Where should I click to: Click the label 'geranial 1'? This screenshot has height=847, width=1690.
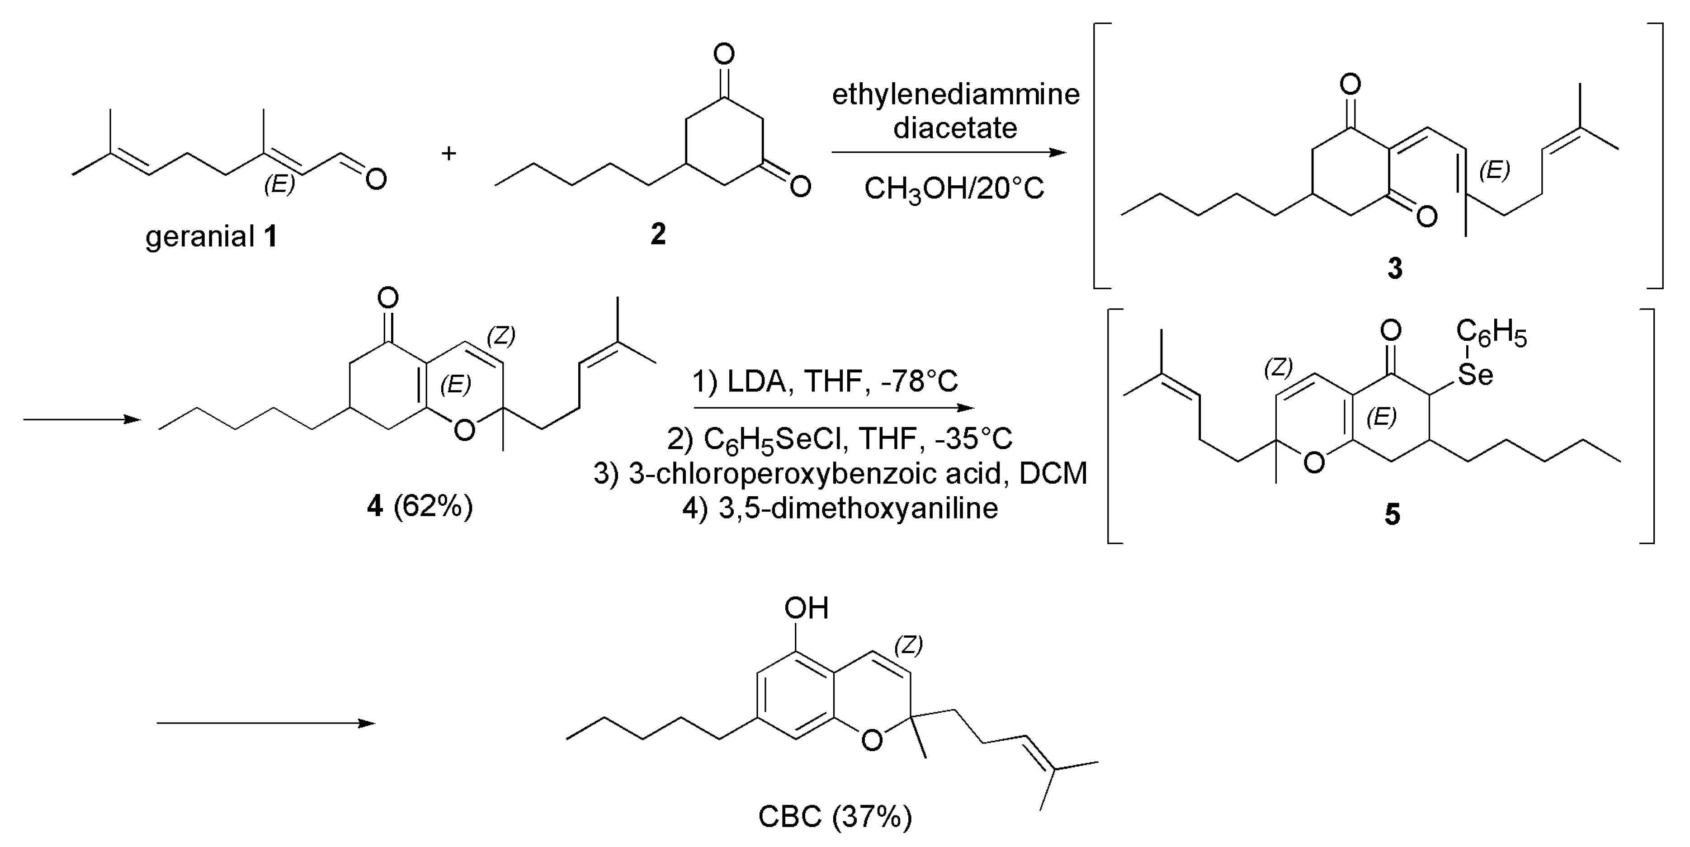pos(211,236)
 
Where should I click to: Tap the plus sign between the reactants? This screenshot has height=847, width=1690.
pos(449,154)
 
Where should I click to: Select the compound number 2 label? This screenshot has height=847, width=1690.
pos(657,234)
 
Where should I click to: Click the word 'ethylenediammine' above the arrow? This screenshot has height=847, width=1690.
pos(955,94)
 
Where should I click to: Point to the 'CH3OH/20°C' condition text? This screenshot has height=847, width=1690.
pos(954,189)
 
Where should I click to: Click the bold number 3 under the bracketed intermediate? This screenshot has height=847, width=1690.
pos(1395,268)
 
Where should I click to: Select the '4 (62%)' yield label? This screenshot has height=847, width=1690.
pos(420,506)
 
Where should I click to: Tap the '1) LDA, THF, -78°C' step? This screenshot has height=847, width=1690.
pos(825,381)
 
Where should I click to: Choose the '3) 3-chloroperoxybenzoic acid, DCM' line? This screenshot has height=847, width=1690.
pos(840,473)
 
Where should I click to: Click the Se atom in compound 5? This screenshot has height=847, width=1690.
pos(1475,375)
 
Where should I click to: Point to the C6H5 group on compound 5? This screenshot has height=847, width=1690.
pos(1491,333)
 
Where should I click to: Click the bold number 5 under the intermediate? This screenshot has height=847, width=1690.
pos(1392,514)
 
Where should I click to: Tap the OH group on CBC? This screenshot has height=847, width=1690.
pos(806,608)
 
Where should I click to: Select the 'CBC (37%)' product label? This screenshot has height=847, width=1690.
pos(835,817)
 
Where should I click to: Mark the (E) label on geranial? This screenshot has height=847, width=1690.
pos(279,184)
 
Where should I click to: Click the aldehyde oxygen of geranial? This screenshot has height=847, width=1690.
pos(376,179)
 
